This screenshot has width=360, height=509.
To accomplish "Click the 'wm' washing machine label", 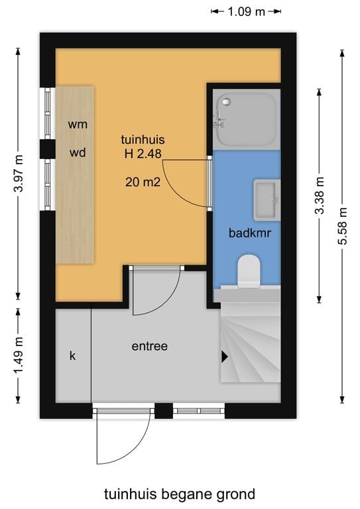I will tap(78, 124).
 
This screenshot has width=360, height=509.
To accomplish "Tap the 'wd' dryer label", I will tap(78, 152).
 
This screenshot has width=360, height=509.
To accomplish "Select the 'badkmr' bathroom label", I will tap(246, 233).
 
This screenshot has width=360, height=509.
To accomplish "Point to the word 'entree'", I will tap(149, 346).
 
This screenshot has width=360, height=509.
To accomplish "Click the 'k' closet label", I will tap(73, 356).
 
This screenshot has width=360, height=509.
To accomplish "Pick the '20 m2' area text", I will tap(143, 183).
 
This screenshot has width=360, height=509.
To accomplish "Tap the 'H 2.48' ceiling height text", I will tap(143, 154).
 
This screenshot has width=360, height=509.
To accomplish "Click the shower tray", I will tap(246, 119).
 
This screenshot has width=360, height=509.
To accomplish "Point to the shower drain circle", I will tap(226, 102).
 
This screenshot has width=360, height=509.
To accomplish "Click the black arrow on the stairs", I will tap(225, 357).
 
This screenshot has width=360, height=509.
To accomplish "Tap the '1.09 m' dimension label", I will tap(246, 11).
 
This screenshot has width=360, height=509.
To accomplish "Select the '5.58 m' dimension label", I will tap(343, 226).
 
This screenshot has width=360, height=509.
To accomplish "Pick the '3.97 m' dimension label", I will tap(18, 174).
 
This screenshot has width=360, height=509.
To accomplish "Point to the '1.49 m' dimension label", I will tap(18, 356).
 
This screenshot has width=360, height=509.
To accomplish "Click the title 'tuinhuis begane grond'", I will tap(179, 494).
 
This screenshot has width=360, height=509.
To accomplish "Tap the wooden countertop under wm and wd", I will tap(74, 199).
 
